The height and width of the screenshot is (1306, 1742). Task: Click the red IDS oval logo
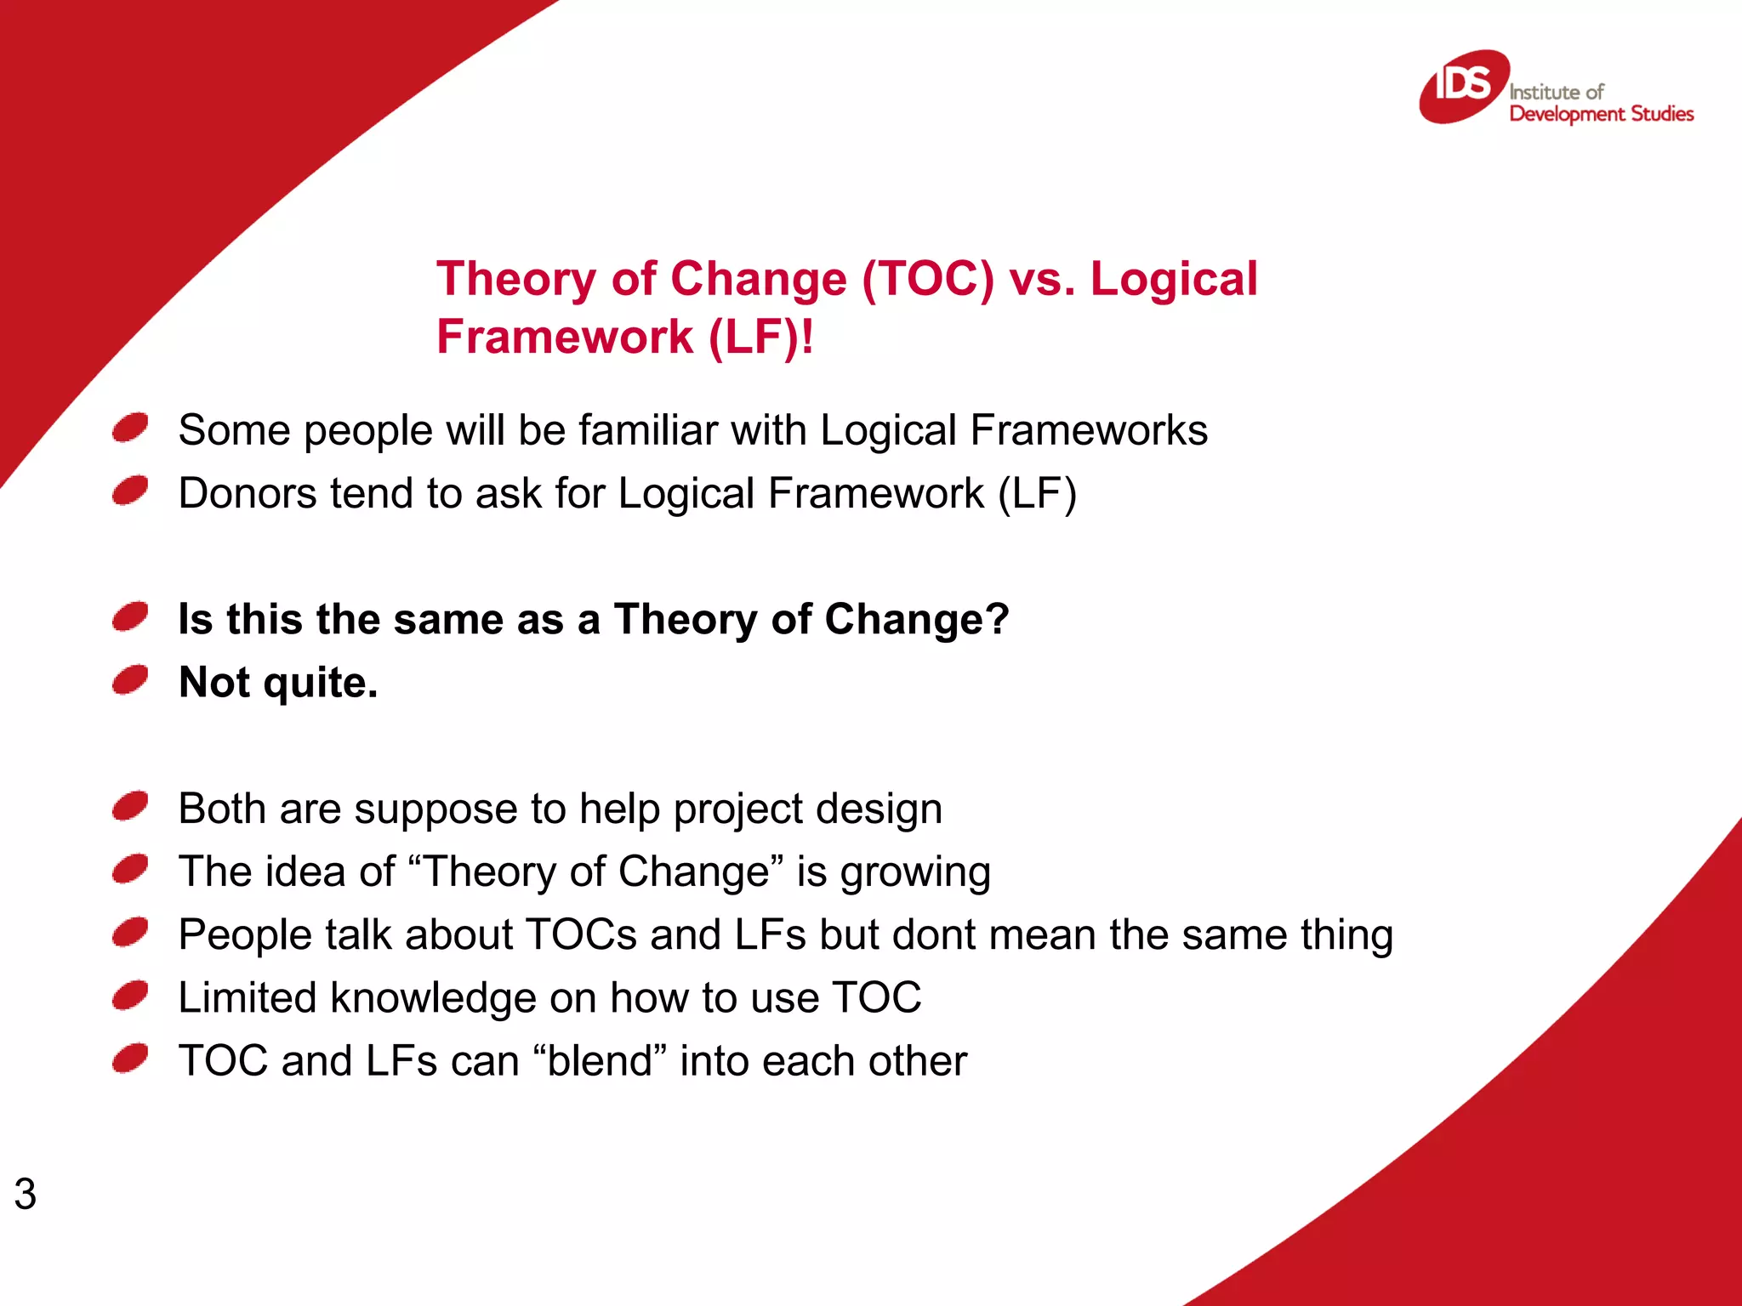click(1463, 87)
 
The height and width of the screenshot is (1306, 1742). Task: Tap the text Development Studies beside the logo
click(1601, 114)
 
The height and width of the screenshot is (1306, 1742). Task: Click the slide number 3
click(26, 1194)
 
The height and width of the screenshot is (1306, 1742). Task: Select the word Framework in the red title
click(565, 337)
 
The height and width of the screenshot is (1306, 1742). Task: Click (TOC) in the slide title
click(928, 279)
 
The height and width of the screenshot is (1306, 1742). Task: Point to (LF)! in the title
click(760, 337)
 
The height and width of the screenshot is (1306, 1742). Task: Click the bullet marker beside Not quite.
click(130, 680)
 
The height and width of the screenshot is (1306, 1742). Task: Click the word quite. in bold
click(321, 683)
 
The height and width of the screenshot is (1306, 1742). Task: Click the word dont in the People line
click(933, 934)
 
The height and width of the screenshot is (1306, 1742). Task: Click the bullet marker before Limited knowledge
click(130, 995)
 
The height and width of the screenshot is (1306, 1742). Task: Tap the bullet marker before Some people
click(130, 428)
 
